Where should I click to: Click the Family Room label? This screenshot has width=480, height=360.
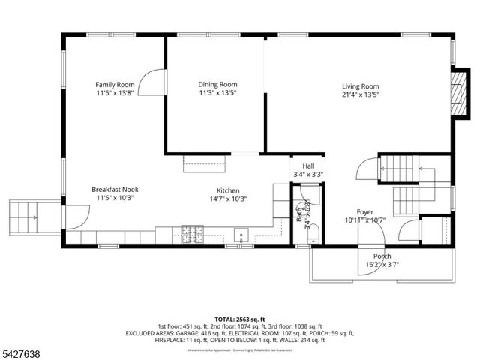[x=114, y=84]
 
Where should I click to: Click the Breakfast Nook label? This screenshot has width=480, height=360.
[x=115, y=190]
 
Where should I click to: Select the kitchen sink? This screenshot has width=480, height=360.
[x=241, y=234]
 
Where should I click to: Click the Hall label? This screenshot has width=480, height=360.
[x=308, y=166]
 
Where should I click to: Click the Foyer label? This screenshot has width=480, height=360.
[x=364, y=212]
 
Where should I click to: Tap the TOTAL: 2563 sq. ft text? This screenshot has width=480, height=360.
[x=239, y=319]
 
